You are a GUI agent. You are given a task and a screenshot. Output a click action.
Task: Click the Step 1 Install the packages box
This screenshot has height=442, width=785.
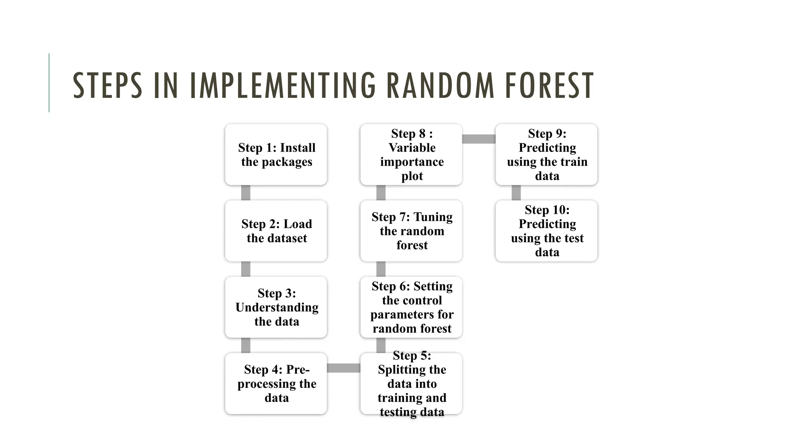coord(276,154)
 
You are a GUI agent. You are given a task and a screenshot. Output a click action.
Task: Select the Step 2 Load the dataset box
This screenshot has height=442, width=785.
coord(276,231)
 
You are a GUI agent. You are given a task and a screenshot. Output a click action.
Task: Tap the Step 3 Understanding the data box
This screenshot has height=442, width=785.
coord(276,307)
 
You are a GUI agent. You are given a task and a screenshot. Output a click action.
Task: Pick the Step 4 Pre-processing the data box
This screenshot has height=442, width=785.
coord(276,383)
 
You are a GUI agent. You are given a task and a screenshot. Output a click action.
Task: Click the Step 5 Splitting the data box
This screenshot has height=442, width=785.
coord(411,383)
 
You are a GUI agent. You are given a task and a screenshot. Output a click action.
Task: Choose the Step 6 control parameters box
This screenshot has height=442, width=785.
coord(411,307)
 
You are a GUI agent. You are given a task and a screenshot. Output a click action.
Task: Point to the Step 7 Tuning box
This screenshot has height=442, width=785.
coord(411,231)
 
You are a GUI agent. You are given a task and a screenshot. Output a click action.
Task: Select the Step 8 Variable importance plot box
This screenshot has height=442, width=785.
coord(411,154)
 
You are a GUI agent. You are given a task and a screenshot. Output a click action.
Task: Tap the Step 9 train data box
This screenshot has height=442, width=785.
coord(546,154)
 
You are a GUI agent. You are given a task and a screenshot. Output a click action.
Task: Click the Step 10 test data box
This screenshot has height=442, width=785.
coord(546,231)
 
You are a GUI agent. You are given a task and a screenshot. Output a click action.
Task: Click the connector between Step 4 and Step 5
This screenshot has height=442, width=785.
coord(343,368)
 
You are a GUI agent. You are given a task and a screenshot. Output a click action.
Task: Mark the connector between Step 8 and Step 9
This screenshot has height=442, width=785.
coord(479,139)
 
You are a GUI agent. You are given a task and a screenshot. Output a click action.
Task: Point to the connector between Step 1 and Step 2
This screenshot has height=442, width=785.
coord(246,193)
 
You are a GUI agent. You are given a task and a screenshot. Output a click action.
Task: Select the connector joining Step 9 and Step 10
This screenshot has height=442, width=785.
coord(516,193)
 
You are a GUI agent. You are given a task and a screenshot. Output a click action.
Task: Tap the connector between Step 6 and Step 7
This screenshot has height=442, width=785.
coord(381,269)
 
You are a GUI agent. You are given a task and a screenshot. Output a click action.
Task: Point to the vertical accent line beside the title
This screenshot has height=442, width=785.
coord(49,82)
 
